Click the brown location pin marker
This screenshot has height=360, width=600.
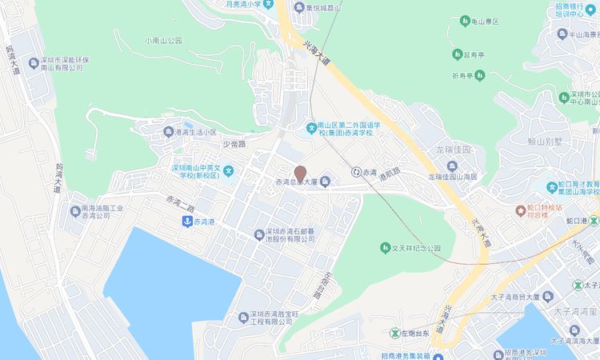pyautogui.click(x=300, y=173)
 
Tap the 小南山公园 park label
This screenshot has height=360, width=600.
pyautogui.click(x=164, y=40)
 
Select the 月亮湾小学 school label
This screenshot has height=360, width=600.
pyautogui.click(x=248, y=5)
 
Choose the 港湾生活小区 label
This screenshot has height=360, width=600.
pyautogui.click(x=196, y=132)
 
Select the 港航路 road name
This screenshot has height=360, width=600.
pyautogui.click(x=390, y=172)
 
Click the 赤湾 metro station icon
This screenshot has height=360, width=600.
pyautogui.click(x=355, y=172)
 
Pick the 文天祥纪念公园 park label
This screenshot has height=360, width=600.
pyautogui.click(x=416, y=247)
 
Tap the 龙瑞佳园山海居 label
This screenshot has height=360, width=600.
pyautogui.click(x=452, y=176)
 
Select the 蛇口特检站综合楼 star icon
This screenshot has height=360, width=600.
pyautogui.click(x=520, y=210)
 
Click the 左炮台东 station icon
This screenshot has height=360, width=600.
pyautogui.click(x=394, y=333)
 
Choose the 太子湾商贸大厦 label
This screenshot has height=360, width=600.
pyautogui.click(x=528, y=297)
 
